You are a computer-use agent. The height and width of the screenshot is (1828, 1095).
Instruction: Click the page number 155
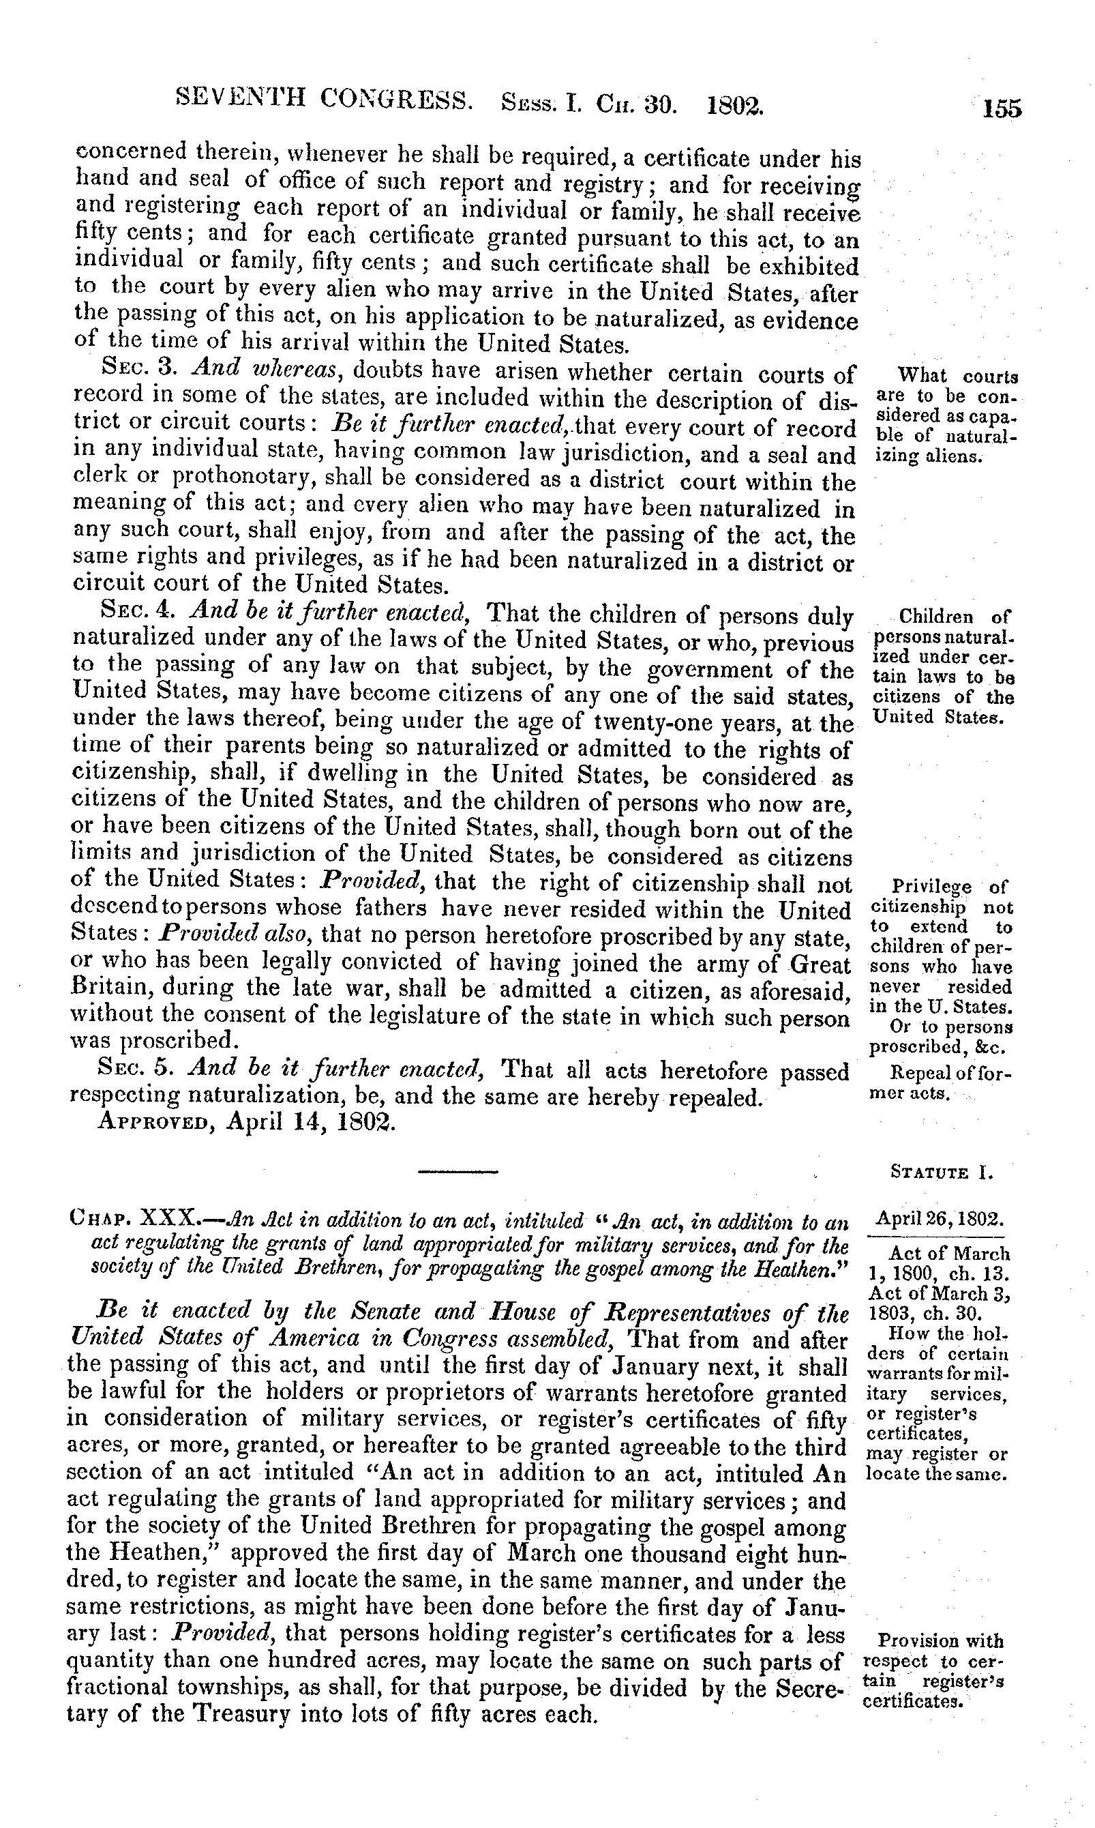(x=1002, y=109)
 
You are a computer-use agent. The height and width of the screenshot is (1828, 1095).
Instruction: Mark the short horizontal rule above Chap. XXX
(x=458, y=1171)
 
